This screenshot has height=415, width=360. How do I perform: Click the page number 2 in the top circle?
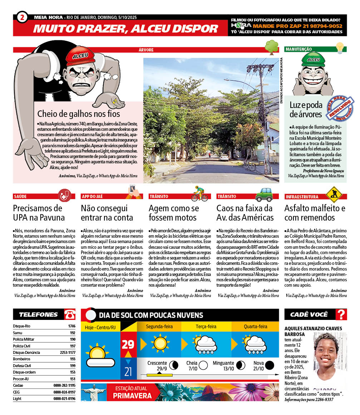(x=22, y=17)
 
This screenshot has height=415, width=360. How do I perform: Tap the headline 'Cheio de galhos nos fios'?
(x=79, y=114)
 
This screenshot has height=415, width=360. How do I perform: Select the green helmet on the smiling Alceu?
(x=313, y=59)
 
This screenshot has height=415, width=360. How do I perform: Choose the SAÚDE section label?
(x=20, y=196)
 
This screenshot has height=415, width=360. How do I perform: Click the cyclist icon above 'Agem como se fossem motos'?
(x=199, y=193)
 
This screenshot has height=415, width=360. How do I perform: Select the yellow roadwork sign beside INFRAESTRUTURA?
(x=334, y=194)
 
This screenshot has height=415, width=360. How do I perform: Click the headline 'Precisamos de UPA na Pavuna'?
(x=39, y=213)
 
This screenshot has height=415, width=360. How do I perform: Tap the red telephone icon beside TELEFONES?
(x=70, y=315)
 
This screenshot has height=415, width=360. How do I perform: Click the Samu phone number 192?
(x=72, y=332)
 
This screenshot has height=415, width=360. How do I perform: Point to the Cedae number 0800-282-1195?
(x=64, y=385)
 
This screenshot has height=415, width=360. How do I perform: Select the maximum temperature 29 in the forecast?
(x=128, y=344)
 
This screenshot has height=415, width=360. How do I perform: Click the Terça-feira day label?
(x=206, y=326)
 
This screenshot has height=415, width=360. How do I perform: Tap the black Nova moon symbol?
(x=270, y=365)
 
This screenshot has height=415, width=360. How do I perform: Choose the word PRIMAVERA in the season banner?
(x=132, y=396)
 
